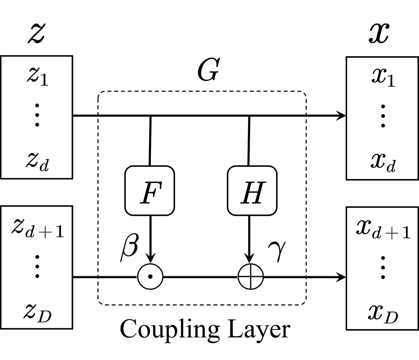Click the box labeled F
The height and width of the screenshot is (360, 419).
coord(150,191)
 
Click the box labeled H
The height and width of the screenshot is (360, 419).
coord(252,191)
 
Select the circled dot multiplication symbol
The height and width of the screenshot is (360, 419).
coord(150,277)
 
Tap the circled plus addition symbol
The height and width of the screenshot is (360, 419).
coord(251,277)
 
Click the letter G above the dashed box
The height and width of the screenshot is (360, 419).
coord(208,70)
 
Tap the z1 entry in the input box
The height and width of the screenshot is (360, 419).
coord(37,77)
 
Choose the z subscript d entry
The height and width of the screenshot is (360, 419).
coord(37,162)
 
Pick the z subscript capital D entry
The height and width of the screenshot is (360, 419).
coord(37,313)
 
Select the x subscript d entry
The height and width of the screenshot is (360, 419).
coord(383,162)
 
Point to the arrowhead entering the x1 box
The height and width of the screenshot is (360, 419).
coord(341,116)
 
